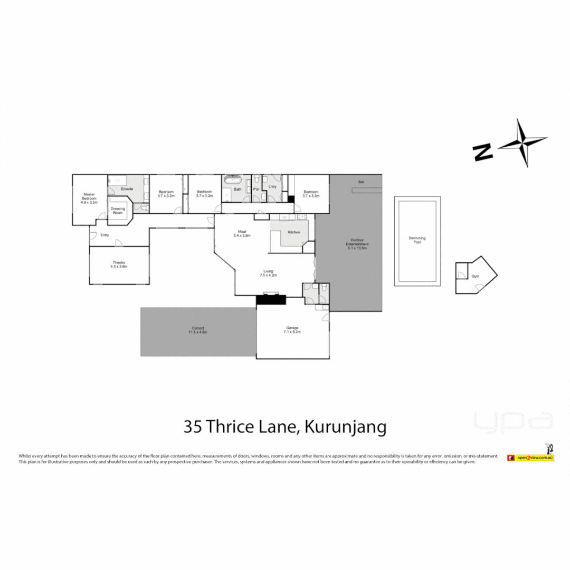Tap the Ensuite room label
click(x=127, y=188)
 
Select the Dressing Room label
click(x=118, y=211)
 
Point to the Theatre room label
click(x=119, y=264)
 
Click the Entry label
click(x=104, y=235)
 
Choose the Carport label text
click(x=198, y=330)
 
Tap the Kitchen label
click(x=293, y=232)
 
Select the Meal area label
click(x=242, y=233)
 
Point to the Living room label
click(x=269, y=273)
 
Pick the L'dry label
click(x=272, y=187)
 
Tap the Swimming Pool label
click(x=417, y=240)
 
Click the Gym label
click(x=475, y=276)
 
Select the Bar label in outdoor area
click(x=361, y=182)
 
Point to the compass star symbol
click(x=522, y=143)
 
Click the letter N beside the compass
click(x=483, y=153)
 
